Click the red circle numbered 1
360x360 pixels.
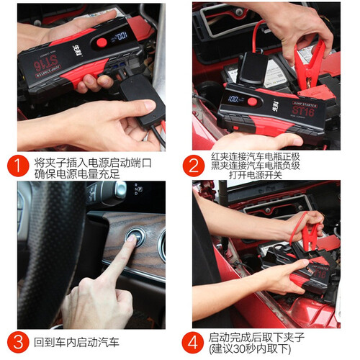18,166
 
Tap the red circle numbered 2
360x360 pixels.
194,166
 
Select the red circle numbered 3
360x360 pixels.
18,342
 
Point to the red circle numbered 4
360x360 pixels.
193,343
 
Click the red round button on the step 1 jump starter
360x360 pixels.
102,42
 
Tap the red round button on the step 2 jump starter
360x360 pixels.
252,102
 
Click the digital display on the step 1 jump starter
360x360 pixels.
120,37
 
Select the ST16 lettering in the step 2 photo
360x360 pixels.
303,111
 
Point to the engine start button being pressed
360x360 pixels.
135,238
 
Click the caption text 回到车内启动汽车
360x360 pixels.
77,342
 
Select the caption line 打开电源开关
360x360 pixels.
256,175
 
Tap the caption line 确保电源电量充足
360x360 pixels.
77,174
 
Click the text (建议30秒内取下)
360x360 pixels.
250,348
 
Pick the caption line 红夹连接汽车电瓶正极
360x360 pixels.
256,157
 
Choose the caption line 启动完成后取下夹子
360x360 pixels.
256,338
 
